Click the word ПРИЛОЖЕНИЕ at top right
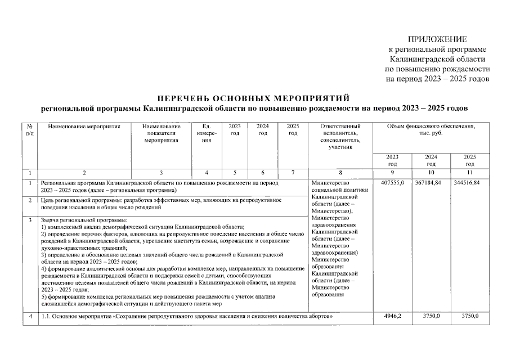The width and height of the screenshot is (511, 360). click(x=437, y=39)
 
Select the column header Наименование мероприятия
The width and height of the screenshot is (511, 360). click(x=84, y=126)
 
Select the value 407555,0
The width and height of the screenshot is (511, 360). click(x=392, y=183)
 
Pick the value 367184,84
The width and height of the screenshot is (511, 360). click(x=431, y=183)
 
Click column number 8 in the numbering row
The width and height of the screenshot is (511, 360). click(x=339, y=173)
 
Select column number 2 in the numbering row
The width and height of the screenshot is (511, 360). click(x=84, y=173)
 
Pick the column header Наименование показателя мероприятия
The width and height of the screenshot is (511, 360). click(x=161, y=133)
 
